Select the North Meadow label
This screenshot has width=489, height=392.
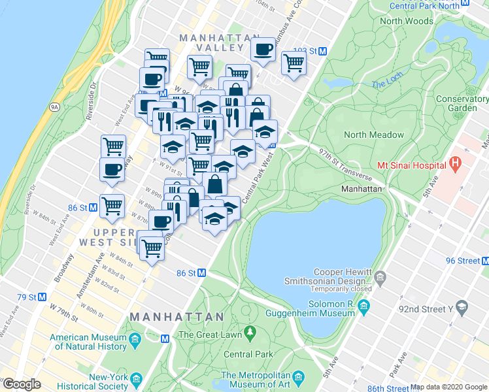(374, 135)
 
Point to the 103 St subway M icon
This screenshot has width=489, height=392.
(322, 51)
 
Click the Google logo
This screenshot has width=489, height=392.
(22, 384)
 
